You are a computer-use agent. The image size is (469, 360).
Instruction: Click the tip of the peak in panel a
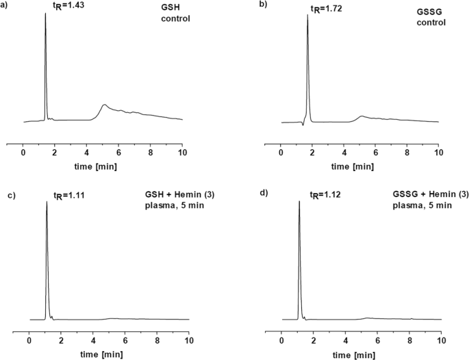[46, 13]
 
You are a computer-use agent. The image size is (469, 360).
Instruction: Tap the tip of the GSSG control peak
[307, 15]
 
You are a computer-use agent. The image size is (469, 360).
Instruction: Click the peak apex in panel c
[47, 203]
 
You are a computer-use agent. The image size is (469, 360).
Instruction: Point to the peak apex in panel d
[299, 202]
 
